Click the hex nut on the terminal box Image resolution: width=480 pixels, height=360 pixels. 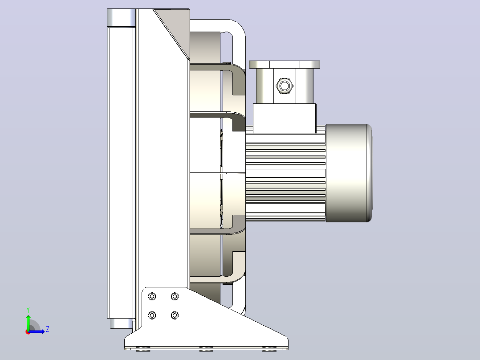(x=285, y=86)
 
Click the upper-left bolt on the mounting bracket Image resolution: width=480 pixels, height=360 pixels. (x=152, y=296)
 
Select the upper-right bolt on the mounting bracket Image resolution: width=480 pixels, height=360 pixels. (x=175, y=296)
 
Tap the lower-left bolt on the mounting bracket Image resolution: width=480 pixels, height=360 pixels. (x=152, y=315)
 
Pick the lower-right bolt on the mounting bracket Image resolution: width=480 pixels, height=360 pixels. (x=175, y=315)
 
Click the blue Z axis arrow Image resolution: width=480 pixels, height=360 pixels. (x=36, y=331)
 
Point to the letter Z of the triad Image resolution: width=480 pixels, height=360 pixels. (x=48, y=329)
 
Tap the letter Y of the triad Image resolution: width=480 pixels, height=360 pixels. (x=28, y=310)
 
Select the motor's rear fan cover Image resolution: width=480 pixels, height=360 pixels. (x=349, y=173)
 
